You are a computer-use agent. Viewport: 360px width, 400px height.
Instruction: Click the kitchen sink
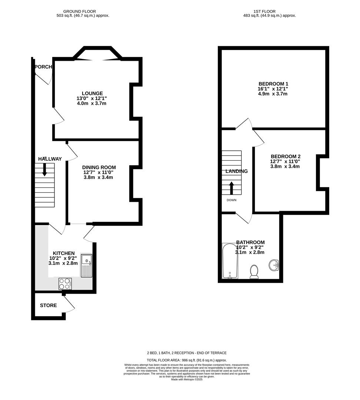click(x=86, y=266)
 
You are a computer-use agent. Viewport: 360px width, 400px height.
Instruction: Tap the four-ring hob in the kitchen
click(x=65, y=283)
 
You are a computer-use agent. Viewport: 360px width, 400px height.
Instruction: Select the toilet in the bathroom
click(x=254, y=271)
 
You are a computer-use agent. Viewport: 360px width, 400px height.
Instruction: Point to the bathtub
click(x=229, y=261)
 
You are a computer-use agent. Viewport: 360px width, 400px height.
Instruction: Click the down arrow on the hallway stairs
click(x=44, y=169)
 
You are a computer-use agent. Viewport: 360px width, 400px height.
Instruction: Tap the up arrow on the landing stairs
click(x=231, y=188)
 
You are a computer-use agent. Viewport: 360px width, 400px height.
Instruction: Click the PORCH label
click(x=43, y=67)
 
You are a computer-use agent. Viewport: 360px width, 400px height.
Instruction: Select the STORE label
click(x=49, y=306)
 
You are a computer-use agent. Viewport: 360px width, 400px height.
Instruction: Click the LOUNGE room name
click(x=92, y=93)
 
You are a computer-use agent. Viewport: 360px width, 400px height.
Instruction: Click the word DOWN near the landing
click(x=231, y=200)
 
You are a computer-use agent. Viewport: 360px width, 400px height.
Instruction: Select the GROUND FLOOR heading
click(x=83, y=11)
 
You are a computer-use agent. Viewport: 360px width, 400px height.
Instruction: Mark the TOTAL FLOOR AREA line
click(x=187, y=360)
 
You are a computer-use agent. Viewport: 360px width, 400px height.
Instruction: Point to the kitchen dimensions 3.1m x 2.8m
click(x=63, y=263)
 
